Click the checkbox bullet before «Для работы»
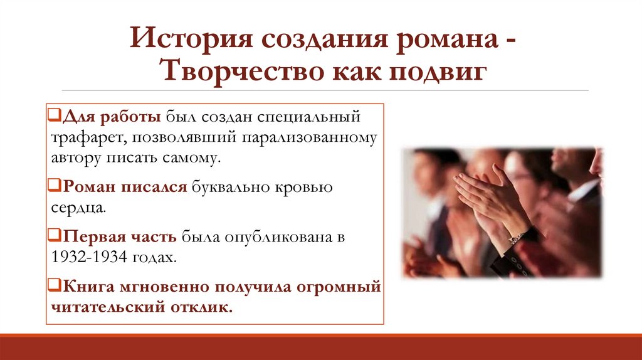coord(53,117)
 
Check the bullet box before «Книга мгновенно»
coord(53,288)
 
